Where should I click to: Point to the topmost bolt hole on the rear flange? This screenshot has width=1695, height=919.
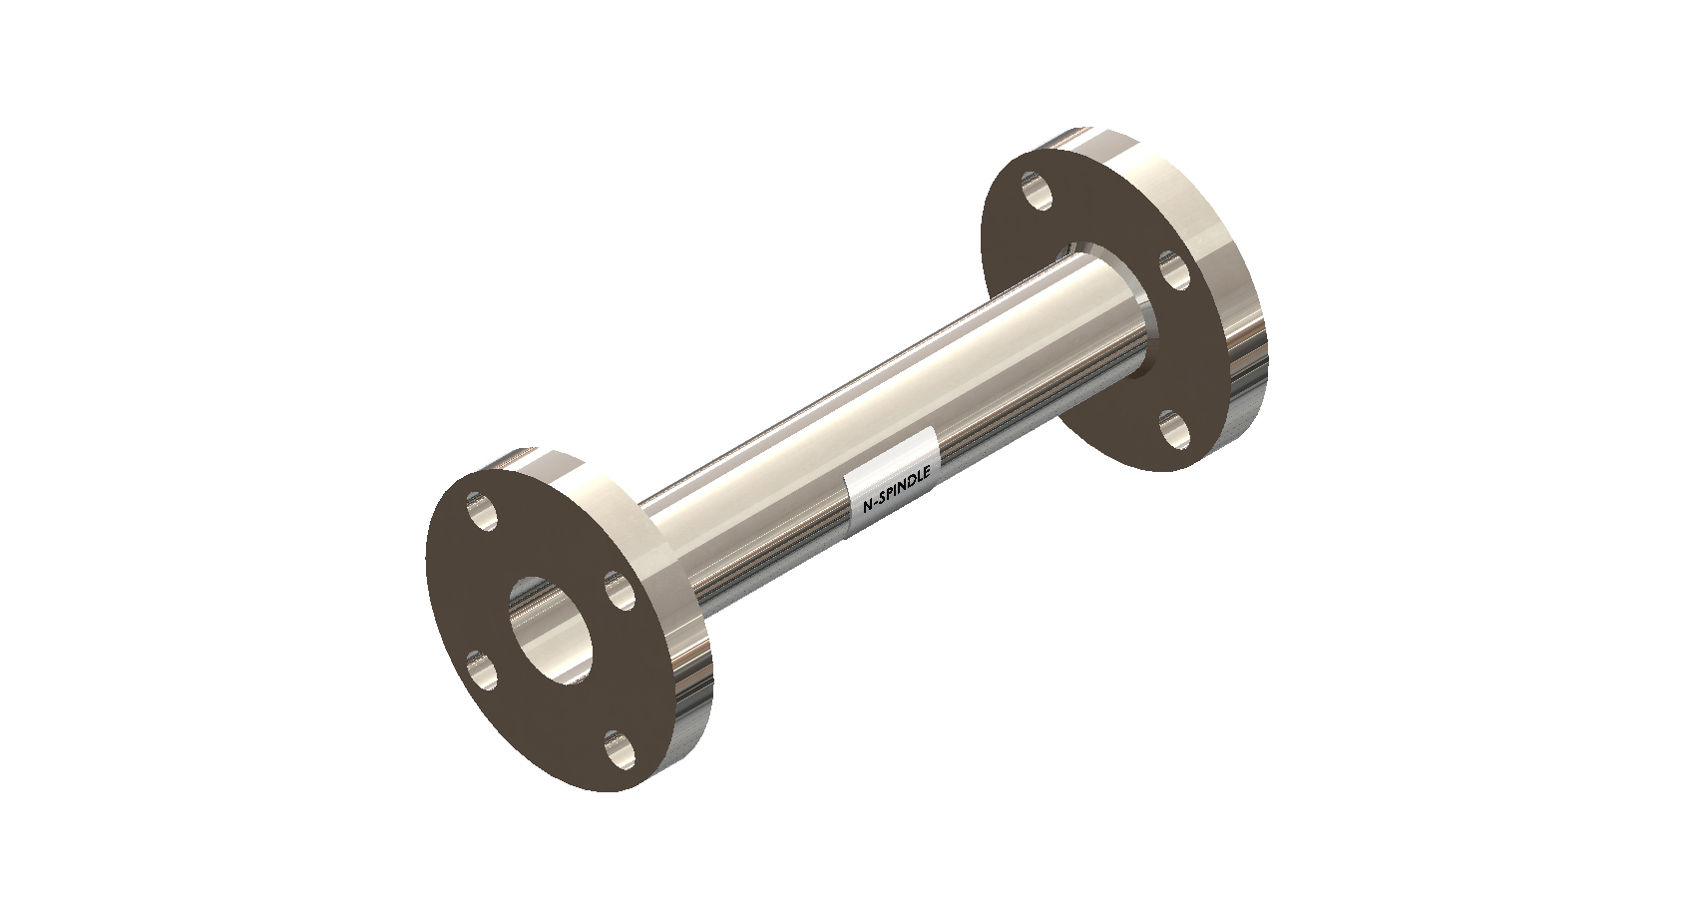pos(1036,190)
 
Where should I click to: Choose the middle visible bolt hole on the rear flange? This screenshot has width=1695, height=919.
pos(1175,270)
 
